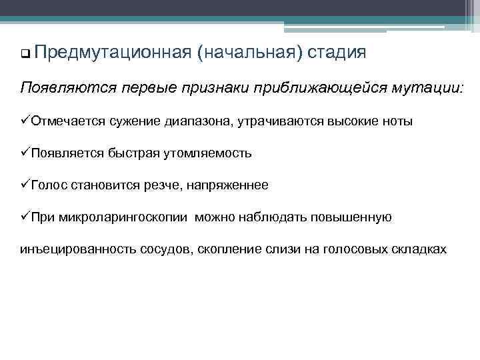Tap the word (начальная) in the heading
pyautogui.click(x=249, y=53)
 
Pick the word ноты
pyautogui.click(x=395, y=121)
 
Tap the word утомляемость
pyautogui.click(x=210, y=153)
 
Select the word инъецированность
pyautogui.click(x=79, y=249)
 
